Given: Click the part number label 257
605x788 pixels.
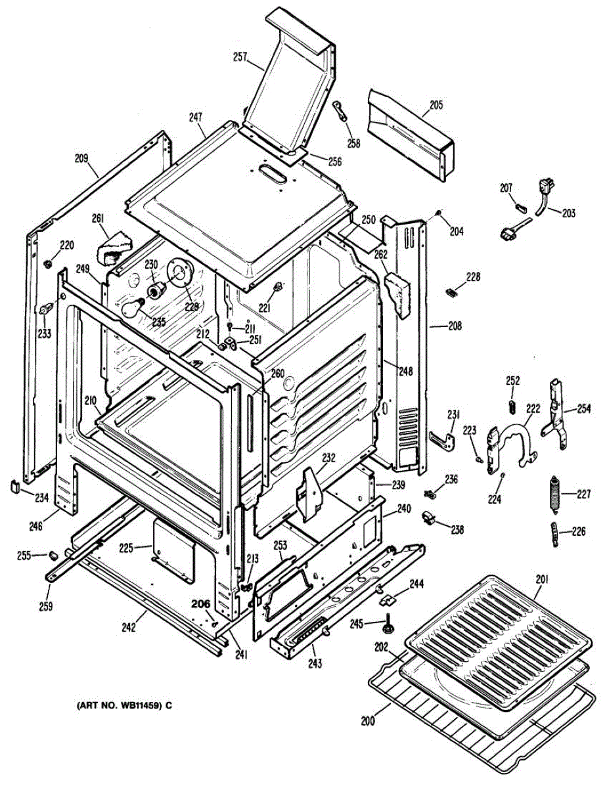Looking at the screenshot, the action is [x=240, y=57].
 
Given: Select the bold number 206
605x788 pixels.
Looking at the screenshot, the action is [x=201, y=603].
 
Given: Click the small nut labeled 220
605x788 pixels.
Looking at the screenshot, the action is [x=47, y=263].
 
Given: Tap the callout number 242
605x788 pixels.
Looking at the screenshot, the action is [x=128, y=627].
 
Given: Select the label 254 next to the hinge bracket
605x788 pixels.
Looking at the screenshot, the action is [x=583, y=408].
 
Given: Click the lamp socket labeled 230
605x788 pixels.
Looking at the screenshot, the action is [x=156, y=290].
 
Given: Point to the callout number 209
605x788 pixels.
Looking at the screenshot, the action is [x=81, y=158].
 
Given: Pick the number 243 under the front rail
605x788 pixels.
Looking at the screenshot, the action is [x=315, y=663].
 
